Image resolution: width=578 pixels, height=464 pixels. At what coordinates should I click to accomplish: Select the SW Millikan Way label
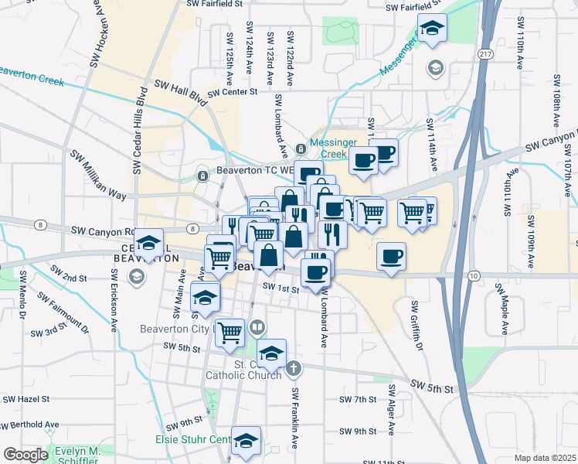[98, 176]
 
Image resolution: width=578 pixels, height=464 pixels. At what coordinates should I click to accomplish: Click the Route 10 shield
[474, 275]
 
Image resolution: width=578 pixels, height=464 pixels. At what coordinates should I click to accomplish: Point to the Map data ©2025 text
[545, 458]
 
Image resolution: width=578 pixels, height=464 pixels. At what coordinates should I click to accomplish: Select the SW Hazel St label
[26, 399]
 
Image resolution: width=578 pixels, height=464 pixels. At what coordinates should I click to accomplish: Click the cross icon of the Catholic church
[293, 369]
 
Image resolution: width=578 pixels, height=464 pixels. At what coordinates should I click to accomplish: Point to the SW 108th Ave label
[556, 101]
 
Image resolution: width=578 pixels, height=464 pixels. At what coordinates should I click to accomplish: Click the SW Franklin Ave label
[294, 418]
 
